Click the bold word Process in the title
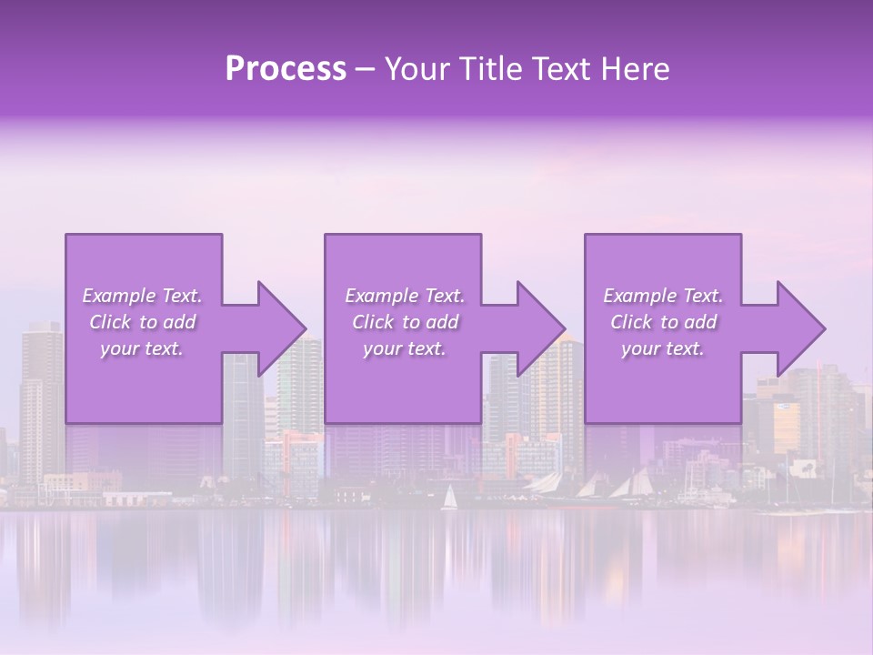tap(286, 69)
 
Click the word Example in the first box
tap(118, 296)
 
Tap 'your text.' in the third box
tap(663, 348)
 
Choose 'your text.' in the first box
tap(142, 348)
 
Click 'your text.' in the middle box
tap(404, 348)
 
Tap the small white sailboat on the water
tap(448, 498)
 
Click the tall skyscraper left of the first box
tap(41, 391)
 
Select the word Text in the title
tap(557, 69)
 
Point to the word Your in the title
tap(414, 69)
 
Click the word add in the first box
tap(180, 322)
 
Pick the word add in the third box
tap(701, 322)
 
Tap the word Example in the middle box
tap(380, 296)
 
